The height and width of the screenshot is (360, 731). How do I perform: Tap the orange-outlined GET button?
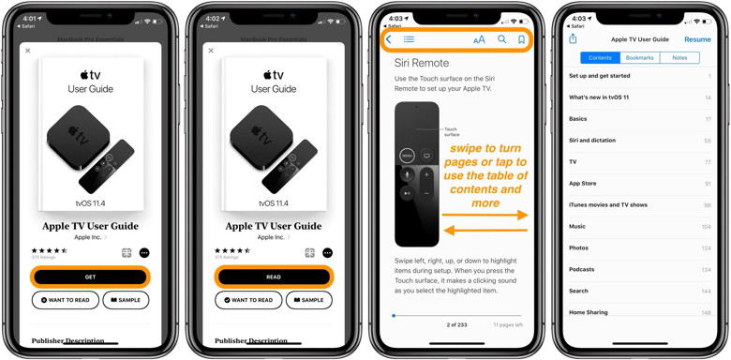(90, 277)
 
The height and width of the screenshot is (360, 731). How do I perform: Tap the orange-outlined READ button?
(273, 277)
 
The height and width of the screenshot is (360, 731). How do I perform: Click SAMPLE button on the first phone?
(126, 300)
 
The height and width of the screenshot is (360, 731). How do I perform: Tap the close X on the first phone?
(28, 51)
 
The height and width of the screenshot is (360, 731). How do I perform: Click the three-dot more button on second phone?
(327, 252)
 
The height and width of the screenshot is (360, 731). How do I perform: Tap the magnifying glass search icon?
(501, 39)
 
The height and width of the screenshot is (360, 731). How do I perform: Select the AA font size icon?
(479, 39)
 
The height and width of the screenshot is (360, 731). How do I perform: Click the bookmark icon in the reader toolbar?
(522, 39)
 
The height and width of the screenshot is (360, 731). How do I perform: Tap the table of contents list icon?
(409, 39)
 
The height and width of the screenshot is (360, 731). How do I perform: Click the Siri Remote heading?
(421, 63)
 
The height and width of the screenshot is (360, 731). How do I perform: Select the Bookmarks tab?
(640, 58)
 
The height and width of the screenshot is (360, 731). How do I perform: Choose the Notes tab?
(679, 58)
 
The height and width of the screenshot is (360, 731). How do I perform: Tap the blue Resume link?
(697, 39)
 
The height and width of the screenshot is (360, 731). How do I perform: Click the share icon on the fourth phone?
(573, 38)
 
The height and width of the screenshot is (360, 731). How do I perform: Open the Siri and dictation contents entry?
(592, 141)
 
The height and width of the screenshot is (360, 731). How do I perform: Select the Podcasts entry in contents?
(582, 269)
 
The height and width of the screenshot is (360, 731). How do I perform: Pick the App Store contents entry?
(583, 183)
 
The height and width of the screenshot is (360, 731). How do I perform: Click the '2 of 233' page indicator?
(456, 324)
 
